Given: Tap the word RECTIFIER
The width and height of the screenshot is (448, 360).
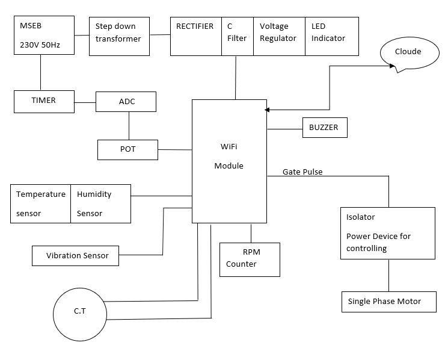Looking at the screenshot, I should [x=195, y=26].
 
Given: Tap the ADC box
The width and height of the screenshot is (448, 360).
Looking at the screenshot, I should [x=126, y=102].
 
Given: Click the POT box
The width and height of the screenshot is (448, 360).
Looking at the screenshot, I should [x=127, y=149].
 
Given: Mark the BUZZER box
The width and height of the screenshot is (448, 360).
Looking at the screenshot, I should [x=324, y=128].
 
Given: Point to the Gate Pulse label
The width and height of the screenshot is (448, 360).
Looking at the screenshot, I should [x=302, y=172].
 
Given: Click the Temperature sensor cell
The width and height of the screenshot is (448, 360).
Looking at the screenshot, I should [x=41, y=203].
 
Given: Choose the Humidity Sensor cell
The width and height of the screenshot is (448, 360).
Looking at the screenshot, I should [x=100, y=203].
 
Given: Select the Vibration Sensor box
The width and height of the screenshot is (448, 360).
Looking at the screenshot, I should [x=75, y=255].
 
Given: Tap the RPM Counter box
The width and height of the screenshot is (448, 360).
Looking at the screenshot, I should [x=250, y=259].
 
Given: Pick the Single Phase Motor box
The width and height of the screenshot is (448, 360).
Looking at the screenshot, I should [x=388, y=302].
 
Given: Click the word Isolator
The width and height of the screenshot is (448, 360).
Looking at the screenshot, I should [x=361, y=217].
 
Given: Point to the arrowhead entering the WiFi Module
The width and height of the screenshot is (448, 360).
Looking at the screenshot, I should [x=267, y=110].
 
